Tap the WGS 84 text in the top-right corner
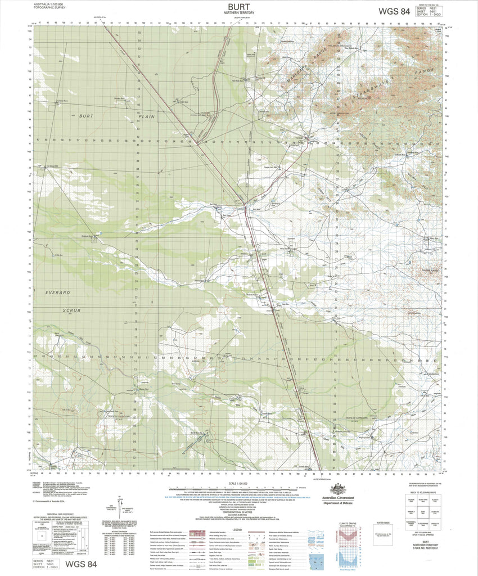click(x=394, y=11)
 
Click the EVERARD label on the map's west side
click(x=58, y=292)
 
